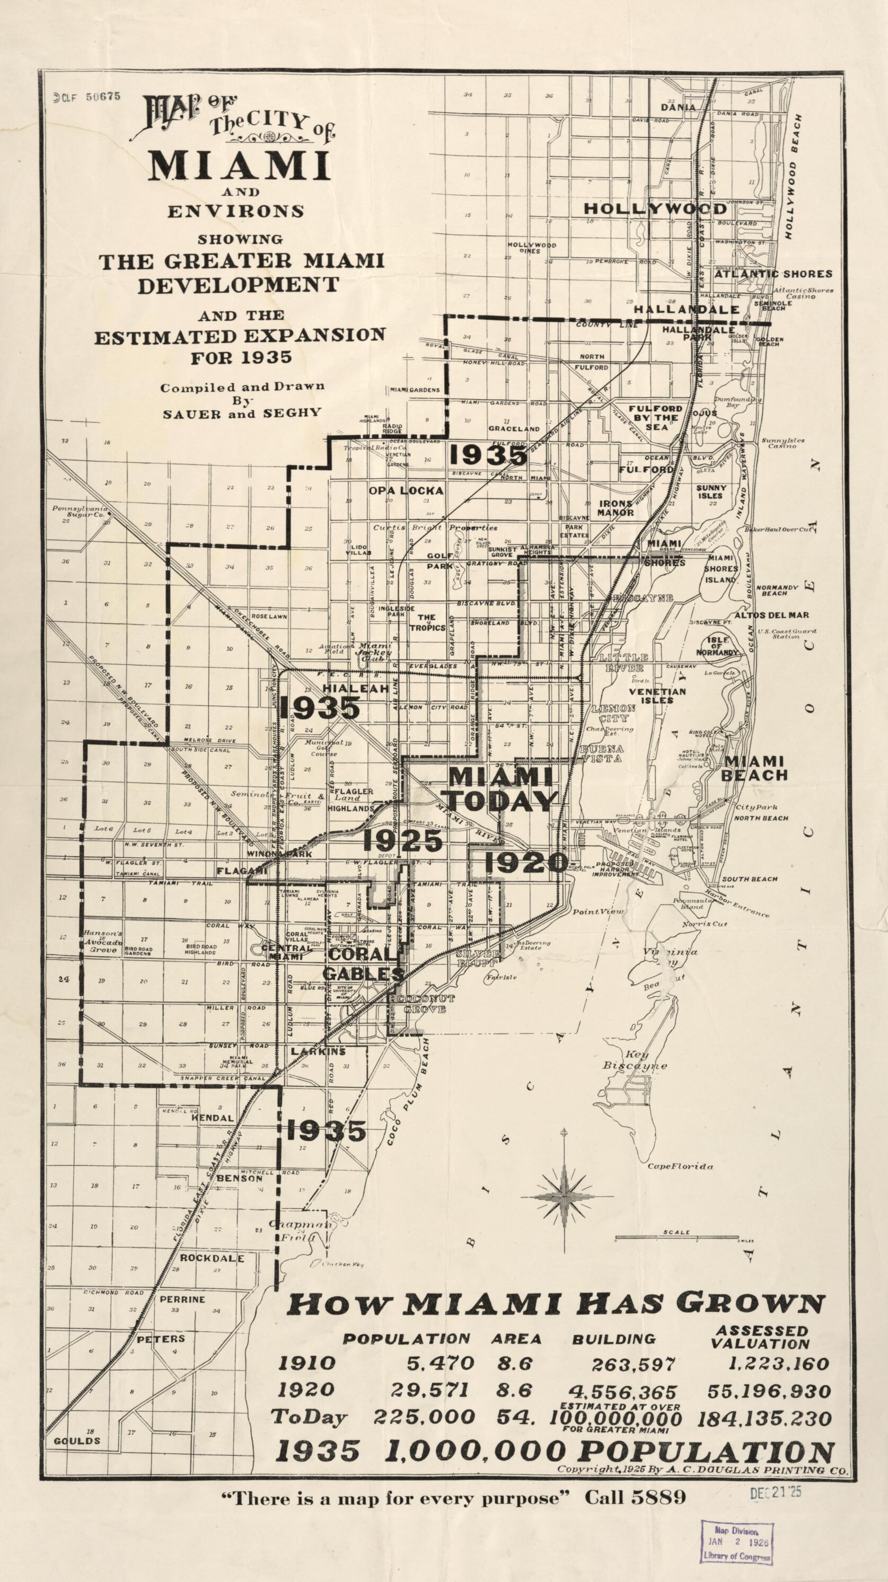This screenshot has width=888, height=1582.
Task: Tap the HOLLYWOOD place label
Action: pyautogui.click(x=655, y=209)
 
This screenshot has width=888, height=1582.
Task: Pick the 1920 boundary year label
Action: pyautogui.click(x=526, y=862)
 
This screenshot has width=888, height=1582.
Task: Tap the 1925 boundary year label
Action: pyautogui.click(x=402, y=841)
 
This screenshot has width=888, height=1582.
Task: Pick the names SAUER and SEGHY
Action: pyautogui.click(x=241, y=412)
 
